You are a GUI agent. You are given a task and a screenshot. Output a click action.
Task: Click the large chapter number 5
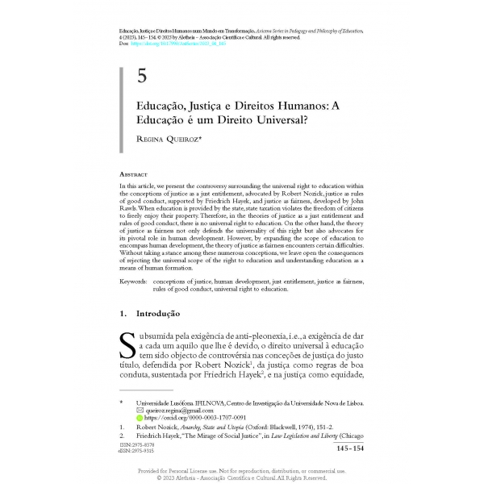[x=142, y=77]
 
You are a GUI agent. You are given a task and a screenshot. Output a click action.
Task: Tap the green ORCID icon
[x=140, y=419]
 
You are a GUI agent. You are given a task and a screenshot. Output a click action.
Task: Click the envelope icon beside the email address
[x=140, y=411]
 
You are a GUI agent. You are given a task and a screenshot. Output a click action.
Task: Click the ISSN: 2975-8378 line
[x=133, y=444]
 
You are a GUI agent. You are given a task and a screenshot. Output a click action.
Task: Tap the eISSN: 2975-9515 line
[x=134, y=450]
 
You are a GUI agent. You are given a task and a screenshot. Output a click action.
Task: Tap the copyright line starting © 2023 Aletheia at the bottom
[x=242, y=477]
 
